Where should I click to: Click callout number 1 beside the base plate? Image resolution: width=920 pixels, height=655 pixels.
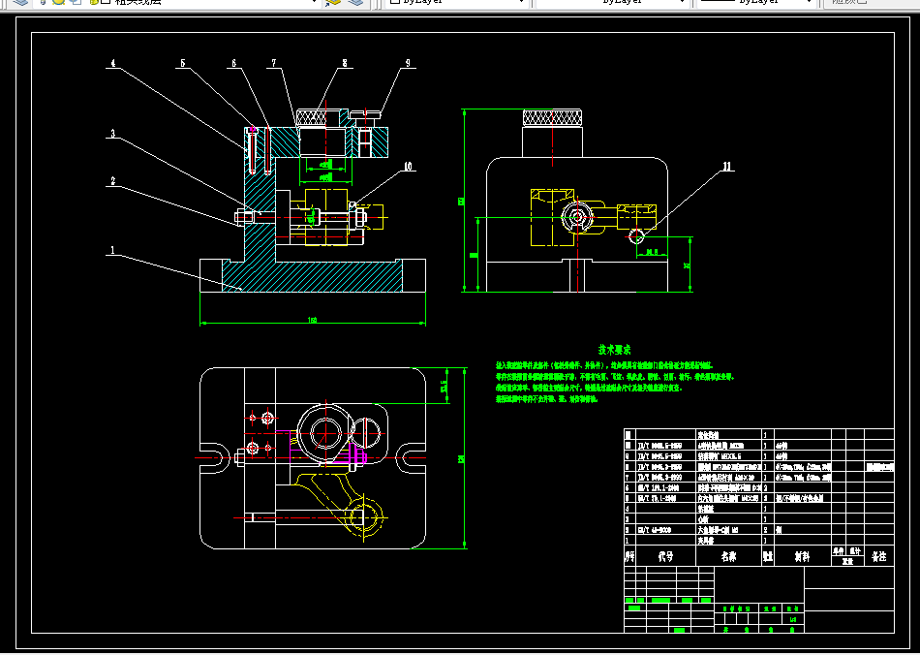tap(111, 249)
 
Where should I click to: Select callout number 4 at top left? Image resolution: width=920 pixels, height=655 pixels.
tap(112, 64)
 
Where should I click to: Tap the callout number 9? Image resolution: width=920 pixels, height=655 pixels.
tap(408, 64)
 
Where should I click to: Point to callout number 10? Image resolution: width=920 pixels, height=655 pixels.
tap(408, 167)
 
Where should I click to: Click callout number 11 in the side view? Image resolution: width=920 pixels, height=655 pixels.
tap(726, 167)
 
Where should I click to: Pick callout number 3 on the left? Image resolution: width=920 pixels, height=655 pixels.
tap(112, 134)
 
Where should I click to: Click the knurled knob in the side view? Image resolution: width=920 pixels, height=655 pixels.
tap(553, 118)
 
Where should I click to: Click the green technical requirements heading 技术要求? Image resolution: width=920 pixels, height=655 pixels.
tap(614, 349)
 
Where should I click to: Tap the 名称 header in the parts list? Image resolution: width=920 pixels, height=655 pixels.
tap(727, 556)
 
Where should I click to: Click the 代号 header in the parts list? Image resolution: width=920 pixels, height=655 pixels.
tap(664, 556)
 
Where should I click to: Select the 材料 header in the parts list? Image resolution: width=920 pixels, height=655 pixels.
tap(802, 556)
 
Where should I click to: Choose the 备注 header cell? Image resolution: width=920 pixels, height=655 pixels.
tap(878, 556)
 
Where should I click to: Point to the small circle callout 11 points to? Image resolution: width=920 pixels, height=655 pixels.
tap(636, 236)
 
